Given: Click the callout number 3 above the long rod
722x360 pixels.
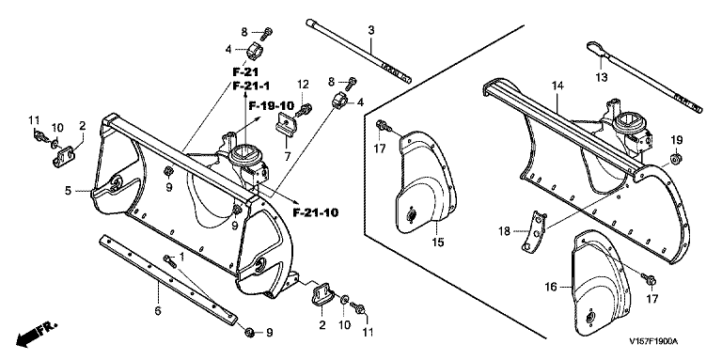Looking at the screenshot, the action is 370,30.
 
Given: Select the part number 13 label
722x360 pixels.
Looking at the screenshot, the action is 602,77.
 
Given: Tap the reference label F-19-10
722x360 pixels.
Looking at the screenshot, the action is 272,106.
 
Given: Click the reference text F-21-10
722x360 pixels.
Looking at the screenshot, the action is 316,213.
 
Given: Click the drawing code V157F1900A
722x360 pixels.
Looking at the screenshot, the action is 654,342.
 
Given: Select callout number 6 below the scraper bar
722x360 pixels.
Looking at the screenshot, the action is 158,311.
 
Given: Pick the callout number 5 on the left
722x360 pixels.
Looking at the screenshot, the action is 68,190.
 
